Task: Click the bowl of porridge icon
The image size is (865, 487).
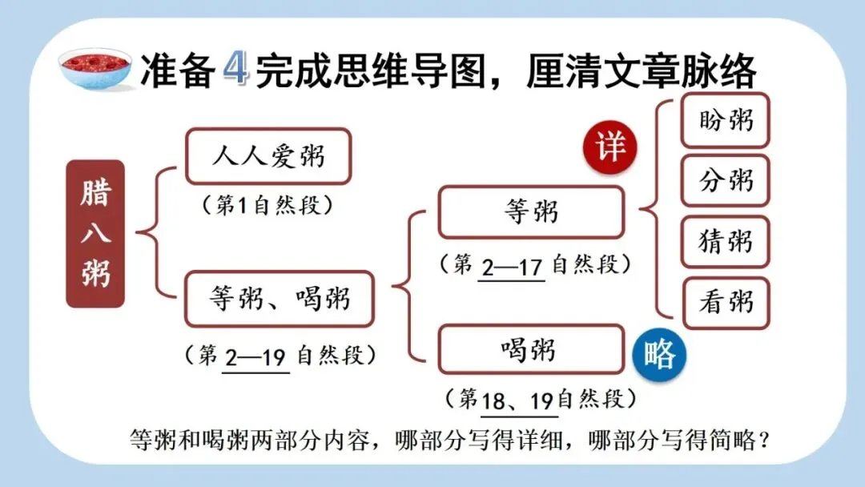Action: tap(95, 68)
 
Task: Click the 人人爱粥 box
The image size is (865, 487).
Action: tap(268, 156)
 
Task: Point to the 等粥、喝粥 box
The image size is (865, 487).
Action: tap(280, 299)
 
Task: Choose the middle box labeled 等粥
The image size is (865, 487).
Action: tap(531, 212)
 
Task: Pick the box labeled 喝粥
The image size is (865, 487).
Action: tap(531, 350)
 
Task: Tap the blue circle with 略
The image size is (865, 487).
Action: tap(659, 356)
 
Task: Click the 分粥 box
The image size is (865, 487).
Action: tap(726, 181)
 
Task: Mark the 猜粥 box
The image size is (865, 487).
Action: tap(726, 241)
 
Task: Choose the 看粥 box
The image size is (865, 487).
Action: tap(726, 303)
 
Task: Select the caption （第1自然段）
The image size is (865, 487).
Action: tap(268, 206)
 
